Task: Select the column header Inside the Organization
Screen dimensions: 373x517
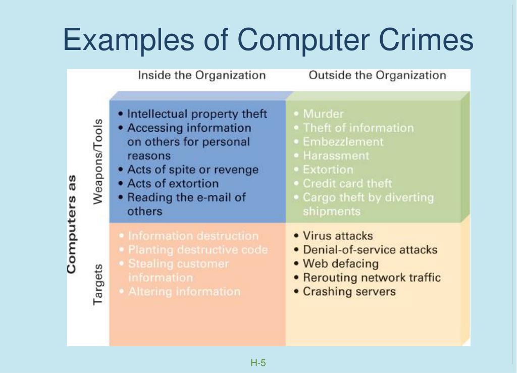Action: (x=201, y=76)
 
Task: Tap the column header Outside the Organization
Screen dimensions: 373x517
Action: (x=377, y=76)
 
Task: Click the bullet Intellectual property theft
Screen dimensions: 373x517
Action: (x=196, y=114)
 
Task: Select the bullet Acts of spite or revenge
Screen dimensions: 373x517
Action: (x=192, y=170)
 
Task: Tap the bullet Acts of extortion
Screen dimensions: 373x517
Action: (x=173, y=183)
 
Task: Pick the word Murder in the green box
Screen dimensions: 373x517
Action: (x=323, y=114)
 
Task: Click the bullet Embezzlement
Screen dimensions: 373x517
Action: (x=343, y=142)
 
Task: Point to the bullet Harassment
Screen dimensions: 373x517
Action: (x=336, y=156)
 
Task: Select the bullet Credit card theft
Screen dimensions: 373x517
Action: (x=347, y=184)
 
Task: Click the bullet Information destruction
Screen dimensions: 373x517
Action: (x=193, y=236)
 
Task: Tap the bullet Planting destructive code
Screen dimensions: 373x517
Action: (x=198, y=250)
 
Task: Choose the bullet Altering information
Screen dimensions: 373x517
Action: (x=184, y=292)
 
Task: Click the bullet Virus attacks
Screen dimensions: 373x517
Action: (x=337, y=236)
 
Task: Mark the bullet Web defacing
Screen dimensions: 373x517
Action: (x=340, y=264)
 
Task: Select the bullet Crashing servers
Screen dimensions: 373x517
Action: (x=349, y=292)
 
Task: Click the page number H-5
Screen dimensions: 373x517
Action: (x=258, y=362)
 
